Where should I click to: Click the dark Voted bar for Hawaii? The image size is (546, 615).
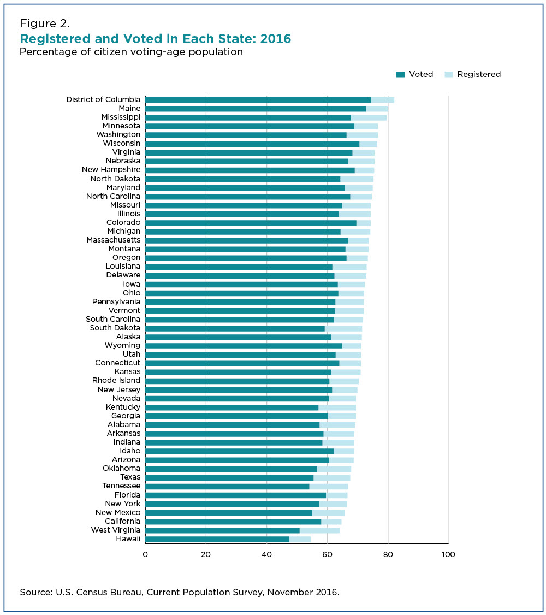217,539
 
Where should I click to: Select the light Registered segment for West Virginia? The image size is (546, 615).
319,530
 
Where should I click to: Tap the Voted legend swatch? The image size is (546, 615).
400,74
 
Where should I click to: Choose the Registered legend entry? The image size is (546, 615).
478,74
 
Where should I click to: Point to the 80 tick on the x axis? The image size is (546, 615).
388,554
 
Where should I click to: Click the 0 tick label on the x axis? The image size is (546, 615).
145,554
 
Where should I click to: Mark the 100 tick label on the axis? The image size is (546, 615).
448,554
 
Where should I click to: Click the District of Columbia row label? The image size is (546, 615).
103,99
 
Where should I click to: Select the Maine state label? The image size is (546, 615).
129,108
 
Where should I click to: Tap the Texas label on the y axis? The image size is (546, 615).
130,477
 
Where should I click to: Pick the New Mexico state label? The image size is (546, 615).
117,512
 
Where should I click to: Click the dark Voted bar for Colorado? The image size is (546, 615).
251,223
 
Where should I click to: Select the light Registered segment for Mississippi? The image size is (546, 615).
369,117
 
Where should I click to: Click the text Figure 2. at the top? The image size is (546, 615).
45,23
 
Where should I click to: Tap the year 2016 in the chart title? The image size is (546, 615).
276,39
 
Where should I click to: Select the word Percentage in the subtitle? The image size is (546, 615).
45,52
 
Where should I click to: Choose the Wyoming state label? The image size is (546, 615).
122,345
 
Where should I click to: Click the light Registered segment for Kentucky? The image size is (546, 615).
337,407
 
